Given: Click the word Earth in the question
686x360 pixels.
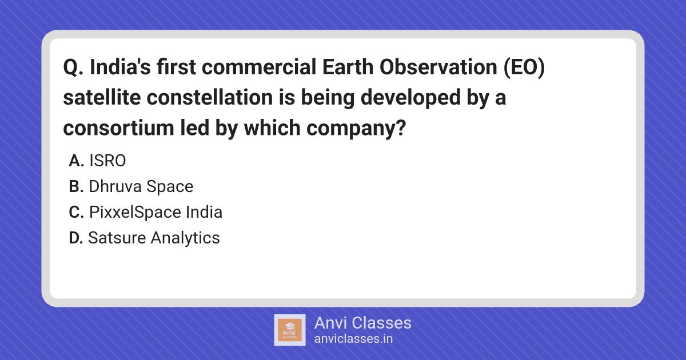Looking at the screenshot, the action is click(348, 67).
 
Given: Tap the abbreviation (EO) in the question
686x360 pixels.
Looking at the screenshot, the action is click(524, 67).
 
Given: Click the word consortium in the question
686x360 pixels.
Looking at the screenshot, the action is click(118, 127).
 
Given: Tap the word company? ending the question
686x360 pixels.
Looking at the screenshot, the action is click(356, 129).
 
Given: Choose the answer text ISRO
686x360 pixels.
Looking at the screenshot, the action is click(107, 161).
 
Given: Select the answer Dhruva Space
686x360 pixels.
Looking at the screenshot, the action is click(141, 186).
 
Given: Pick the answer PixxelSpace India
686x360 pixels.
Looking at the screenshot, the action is click(155, 212).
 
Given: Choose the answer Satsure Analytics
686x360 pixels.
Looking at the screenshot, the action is click(154, 238).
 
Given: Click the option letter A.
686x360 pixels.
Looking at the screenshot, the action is click(76, 161).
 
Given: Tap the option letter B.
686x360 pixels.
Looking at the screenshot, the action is click(76, 186).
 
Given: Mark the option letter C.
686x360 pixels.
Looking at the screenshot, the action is click(76, 212).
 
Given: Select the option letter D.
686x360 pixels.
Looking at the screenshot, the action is click(76, 238).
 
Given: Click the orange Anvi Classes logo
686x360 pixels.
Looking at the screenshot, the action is click(289, 330).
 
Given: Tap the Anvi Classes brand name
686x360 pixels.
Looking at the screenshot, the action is click(362, 323).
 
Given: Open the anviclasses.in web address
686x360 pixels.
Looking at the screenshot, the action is click(353, 339).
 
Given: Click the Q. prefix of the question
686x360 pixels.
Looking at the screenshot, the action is click(73, 67).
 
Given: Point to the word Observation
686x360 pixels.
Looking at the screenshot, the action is click(438, 67).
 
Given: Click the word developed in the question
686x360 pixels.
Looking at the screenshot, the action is click(410, 98).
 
